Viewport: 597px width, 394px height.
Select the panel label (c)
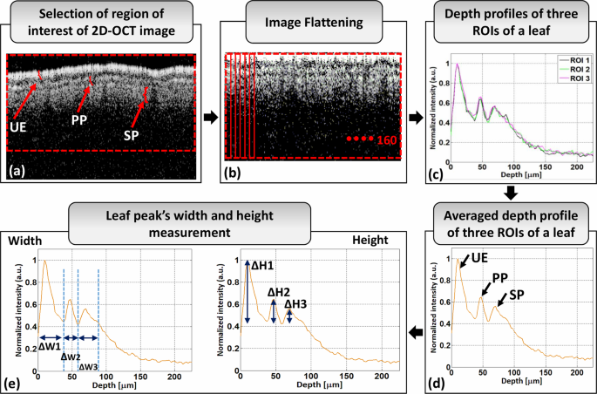point(439,172)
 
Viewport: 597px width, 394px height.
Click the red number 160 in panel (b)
point(389,139)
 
